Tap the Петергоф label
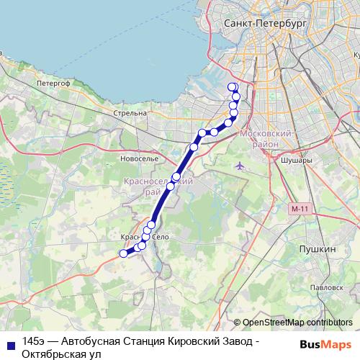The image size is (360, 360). click(53, 84)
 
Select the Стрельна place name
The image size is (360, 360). click(130, 114)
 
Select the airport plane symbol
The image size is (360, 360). click(240, 166)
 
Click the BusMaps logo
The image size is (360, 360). click(325, 344)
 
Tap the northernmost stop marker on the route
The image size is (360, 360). click(232, 88)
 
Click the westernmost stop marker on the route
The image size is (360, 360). click(123, 253)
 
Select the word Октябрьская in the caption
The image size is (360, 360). click(53, 354)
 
